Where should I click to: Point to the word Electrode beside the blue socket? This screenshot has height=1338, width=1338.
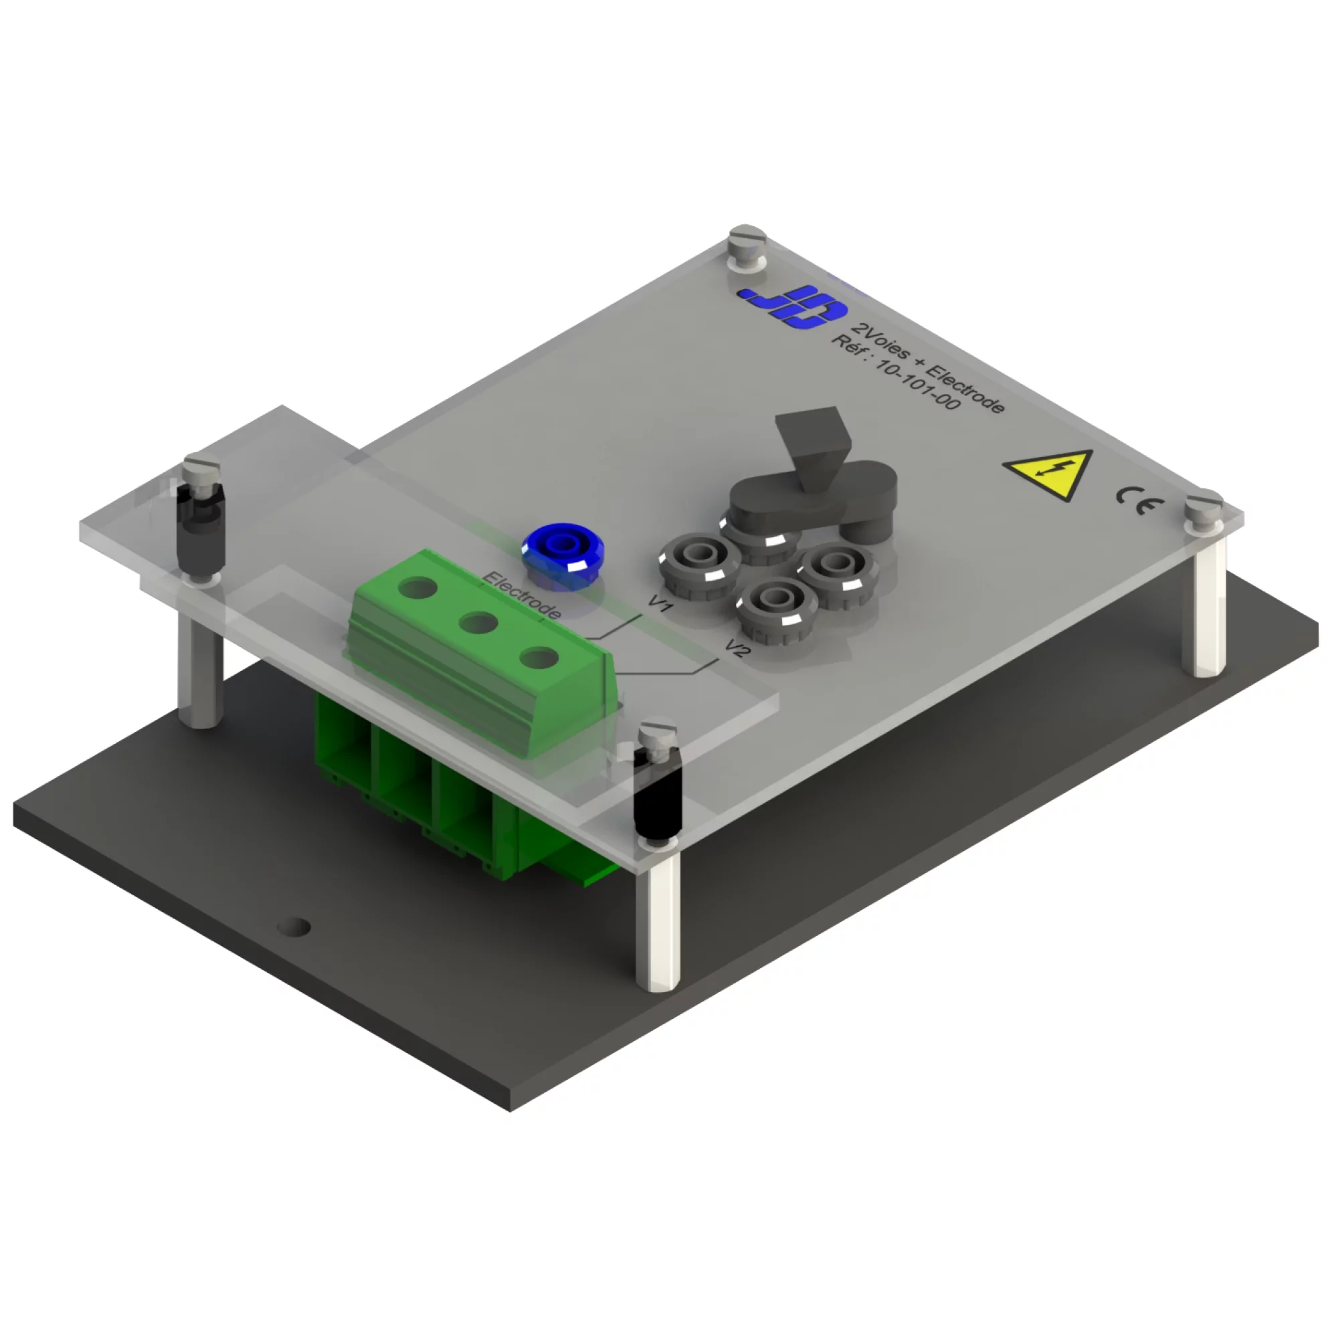(522, 595)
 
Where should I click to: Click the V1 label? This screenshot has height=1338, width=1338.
(661, 603)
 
